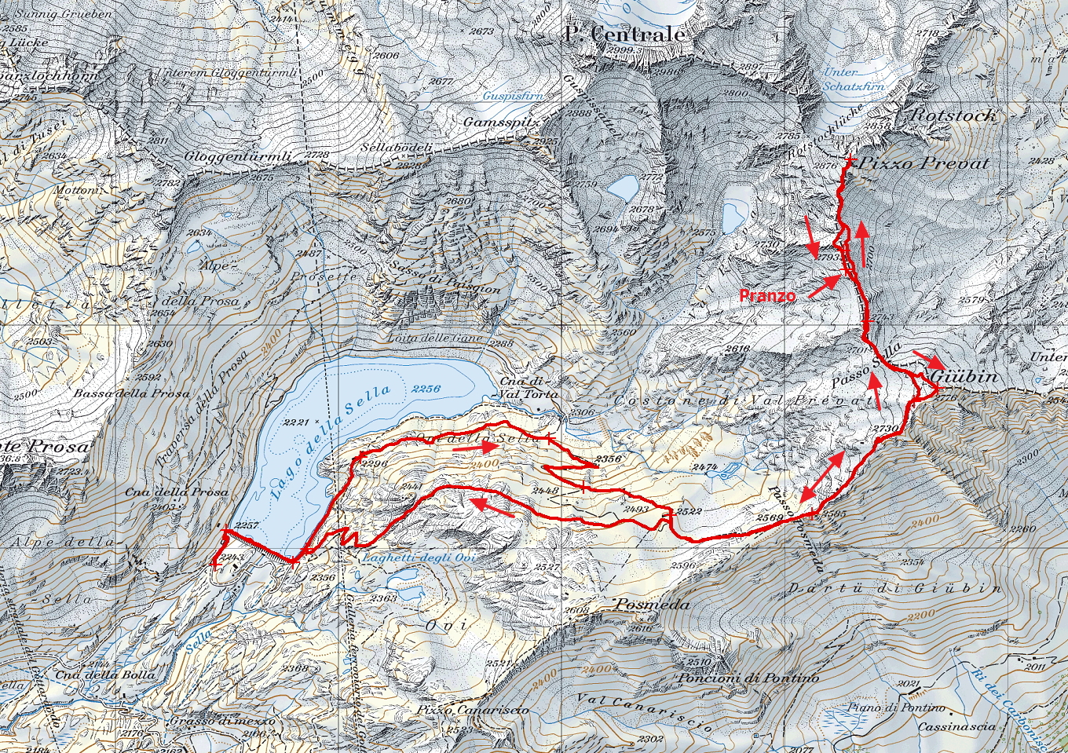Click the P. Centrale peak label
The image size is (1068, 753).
coord(625,34)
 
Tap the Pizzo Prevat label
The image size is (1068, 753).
coord(913,163)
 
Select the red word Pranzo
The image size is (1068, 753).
coord(767,296)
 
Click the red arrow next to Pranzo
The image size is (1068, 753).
coord(824,286)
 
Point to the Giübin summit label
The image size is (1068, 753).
coord(964,377)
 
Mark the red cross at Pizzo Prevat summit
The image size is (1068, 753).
coord(849,161)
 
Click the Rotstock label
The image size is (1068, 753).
coord(953,115)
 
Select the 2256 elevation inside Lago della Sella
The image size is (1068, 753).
coord(426,389)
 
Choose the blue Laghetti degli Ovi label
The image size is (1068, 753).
coord(420,557)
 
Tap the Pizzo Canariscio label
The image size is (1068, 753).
coord(473,710)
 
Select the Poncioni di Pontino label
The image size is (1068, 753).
coord(748,678)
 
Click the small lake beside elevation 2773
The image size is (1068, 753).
coord(623,188)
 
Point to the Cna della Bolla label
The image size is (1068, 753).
coord(105,674)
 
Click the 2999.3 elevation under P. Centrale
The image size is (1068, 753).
coord(625,50)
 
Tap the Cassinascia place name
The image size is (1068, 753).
coord(956,726)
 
